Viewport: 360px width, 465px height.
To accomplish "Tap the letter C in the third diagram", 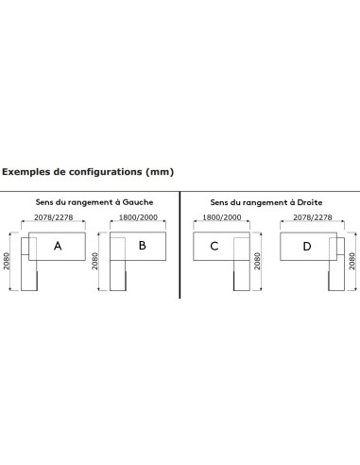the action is pos(214,247).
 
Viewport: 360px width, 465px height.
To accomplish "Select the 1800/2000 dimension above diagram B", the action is pos(140,217).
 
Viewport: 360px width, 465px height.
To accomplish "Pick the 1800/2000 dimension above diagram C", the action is pos(219,217).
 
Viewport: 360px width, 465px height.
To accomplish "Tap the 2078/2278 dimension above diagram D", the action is pos(310,217).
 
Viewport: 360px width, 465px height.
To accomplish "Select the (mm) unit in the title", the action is pos(160,173).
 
